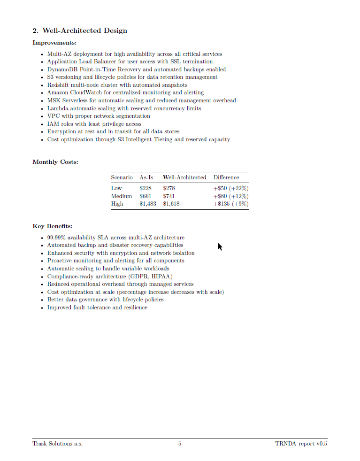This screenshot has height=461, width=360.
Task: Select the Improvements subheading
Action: coord(54,43)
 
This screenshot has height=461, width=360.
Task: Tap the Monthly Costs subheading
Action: coord(55,162)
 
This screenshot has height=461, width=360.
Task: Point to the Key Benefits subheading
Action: coord(53,226)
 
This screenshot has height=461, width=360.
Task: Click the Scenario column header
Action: coord(122,177)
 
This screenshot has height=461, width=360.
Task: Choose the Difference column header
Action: coord(226,177)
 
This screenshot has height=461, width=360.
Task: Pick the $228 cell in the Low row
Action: coord(146,188)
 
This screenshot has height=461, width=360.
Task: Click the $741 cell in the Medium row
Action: coord(169,196)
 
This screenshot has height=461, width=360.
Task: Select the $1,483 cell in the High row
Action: coord(148,204)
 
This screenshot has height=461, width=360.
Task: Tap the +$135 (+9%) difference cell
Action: coord(231,204)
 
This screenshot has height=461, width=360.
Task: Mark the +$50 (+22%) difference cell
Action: coord(231,188)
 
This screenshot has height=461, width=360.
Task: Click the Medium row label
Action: coord(122,196)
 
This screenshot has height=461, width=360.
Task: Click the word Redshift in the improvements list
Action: coord(58,85)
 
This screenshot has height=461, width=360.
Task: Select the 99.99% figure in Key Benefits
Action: coord(57,238)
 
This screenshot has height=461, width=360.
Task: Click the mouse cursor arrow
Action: coord(220,246)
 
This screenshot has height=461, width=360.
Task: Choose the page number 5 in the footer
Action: coord(180,444)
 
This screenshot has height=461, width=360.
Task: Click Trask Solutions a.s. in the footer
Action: coord(58,444)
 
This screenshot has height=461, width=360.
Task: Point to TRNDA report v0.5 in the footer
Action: coord(301,444)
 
